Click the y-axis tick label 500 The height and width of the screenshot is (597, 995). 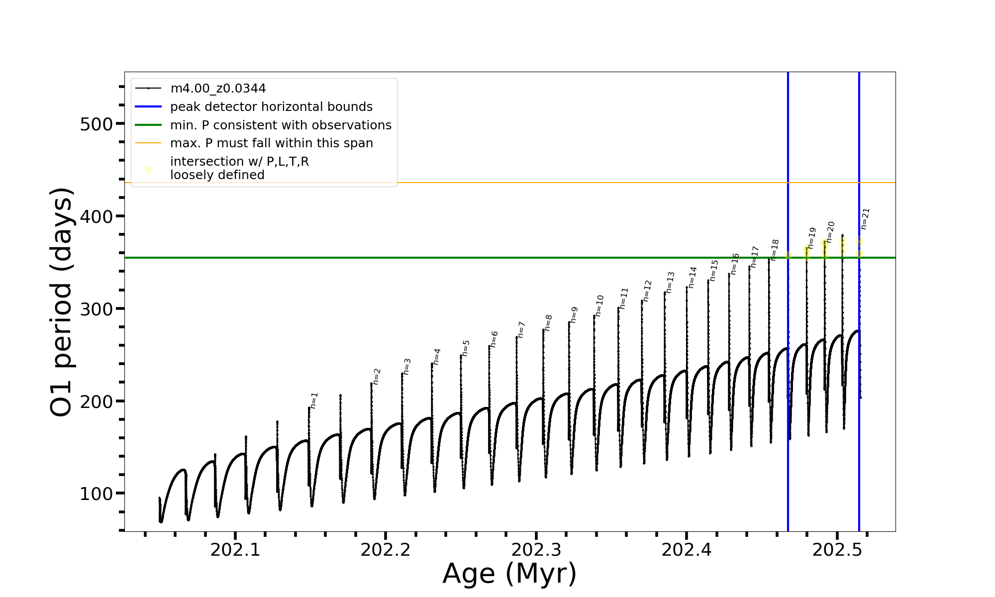click(96, 124)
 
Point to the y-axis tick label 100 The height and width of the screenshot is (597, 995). click(96, 494)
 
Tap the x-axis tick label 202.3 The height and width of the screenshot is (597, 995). click(536, 550)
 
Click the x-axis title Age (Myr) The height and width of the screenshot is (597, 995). click(509, 574)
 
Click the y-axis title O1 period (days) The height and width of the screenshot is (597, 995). click(62, 302)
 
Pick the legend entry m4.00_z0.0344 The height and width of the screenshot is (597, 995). click(218, 89)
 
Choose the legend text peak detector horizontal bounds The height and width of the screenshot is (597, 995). click(271, 107)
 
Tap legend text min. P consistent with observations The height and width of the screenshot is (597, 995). click(281, 125)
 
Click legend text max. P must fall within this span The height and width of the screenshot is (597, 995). click(271, 143)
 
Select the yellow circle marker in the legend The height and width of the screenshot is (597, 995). click(148, 170)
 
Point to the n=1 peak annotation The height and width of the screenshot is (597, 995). click(314, 400)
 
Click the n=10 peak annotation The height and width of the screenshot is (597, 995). click(599, 305)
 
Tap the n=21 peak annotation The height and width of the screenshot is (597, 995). click(865, 219)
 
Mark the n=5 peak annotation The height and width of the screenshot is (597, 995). click(466, 348)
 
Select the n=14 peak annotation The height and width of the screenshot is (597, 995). click(693, 278)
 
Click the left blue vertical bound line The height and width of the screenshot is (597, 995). click(788, 348)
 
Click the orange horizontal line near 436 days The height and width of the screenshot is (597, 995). click(497, 183)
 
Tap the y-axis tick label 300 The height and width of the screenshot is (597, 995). click(96, 309)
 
